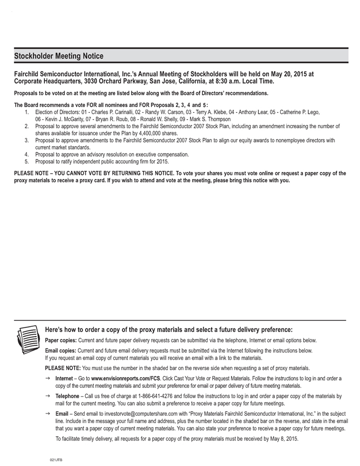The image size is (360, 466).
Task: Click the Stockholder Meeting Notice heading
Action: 59,56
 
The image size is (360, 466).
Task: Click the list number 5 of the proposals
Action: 26,161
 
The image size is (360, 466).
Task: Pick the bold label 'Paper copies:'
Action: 60,340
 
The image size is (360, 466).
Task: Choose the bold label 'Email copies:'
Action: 60,351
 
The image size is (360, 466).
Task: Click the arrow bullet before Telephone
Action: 48,396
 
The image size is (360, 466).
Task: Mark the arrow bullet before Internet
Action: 48,379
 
